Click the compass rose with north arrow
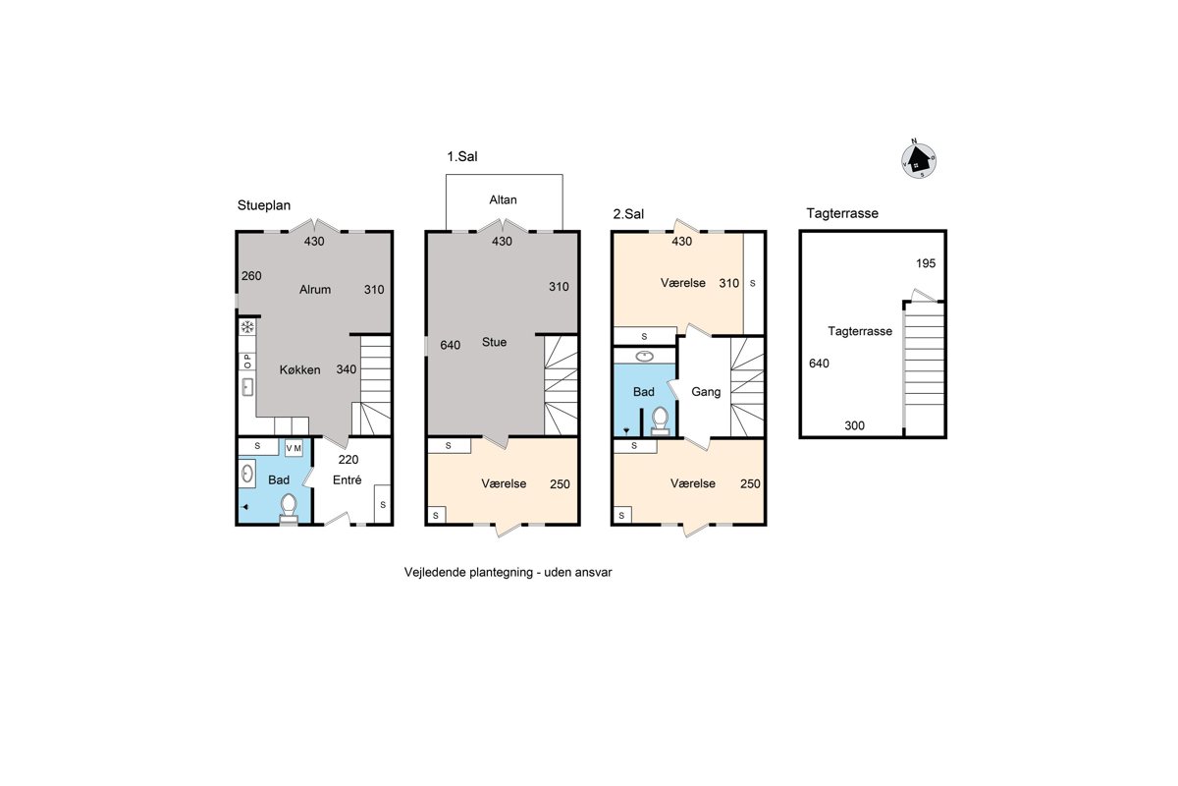pyautogui.click(x=919, y=159)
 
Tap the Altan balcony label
pyautogui.click(x=503, y=200)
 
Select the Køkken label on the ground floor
pyautogui.click(x=299, y=370)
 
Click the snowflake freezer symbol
pyautogui.click(x=247, y=327)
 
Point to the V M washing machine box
pyautogui.click(x=294, y=448)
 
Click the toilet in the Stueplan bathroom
pyautogui.click(x=289, y=508)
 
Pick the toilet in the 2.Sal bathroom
pyautogui.click(x=660, y=421)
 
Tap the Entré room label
pyautogui.click(x=348, y=480)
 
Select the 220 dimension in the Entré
pyautogui.click(x=348, y=460)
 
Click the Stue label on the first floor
pyautogui.click(x=495, y=342)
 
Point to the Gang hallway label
pyautogui.click(x=706, y=392)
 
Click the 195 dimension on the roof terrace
pyautogui.click(x=926, y=263)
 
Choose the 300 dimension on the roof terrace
pyautogui.click(x=855, y=425)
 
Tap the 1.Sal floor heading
pyautogui.click(x=462, y=156)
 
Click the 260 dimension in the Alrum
pyautogui.click(x=251, y=276)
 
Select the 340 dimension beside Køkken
pyautogui.click(x=347, y=369)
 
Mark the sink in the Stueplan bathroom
pyautogui.click(x=247, y=474)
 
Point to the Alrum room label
pyautogui.click(x=315, y=290)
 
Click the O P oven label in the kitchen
pyautogui.click(x=247, y=362)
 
